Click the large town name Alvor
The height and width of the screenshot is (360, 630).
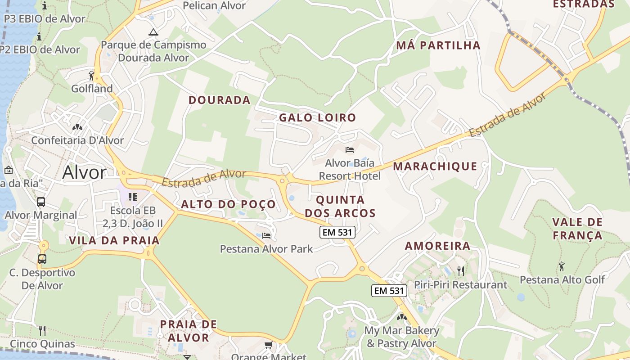click(x=85, y=172)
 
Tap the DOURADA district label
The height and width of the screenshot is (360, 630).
click(x=219, y=100)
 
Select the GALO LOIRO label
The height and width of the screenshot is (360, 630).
click(x=317, y=118)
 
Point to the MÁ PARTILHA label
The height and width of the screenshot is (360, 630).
click(x=438, y=45)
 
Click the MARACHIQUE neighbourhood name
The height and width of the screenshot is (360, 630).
click(x=435, y=166)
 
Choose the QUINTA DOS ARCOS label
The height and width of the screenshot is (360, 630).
click(x=340, y=206)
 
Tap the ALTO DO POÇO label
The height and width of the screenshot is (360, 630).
click(x=228, y=204)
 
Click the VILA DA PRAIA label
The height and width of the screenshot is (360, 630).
click(x=114, y=240)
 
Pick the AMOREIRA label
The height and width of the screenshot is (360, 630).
click(x=437, y=246)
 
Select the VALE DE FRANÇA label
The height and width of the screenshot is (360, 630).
click(x=577, y=229)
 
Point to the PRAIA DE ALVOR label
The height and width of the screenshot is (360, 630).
click(x=188, y=331)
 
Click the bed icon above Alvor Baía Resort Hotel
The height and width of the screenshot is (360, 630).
click(x=350, y=150)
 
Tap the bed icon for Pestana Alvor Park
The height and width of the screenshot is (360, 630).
click(x=266, y=235)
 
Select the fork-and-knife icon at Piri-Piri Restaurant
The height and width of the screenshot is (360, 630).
click(x=460, y=271)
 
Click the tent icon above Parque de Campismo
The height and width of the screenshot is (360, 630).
click(x=153, y=32)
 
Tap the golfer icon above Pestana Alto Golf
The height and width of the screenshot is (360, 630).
click(x=562, y=266)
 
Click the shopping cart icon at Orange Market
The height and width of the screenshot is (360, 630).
click(x=268, y=345)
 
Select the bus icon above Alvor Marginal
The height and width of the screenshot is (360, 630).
click(x=41, y=202)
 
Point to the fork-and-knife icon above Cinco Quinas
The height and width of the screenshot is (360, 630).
click(x=42, y=331)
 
